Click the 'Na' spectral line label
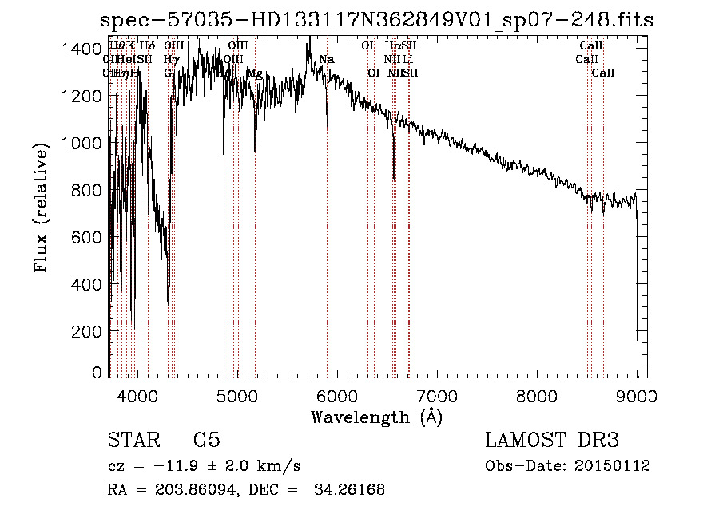pyautogui.click(x=327, y=60)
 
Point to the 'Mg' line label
pyautogui.click(x=255, y=73)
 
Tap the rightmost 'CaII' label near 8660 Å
pyautogui.click(x=603, y=73)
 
